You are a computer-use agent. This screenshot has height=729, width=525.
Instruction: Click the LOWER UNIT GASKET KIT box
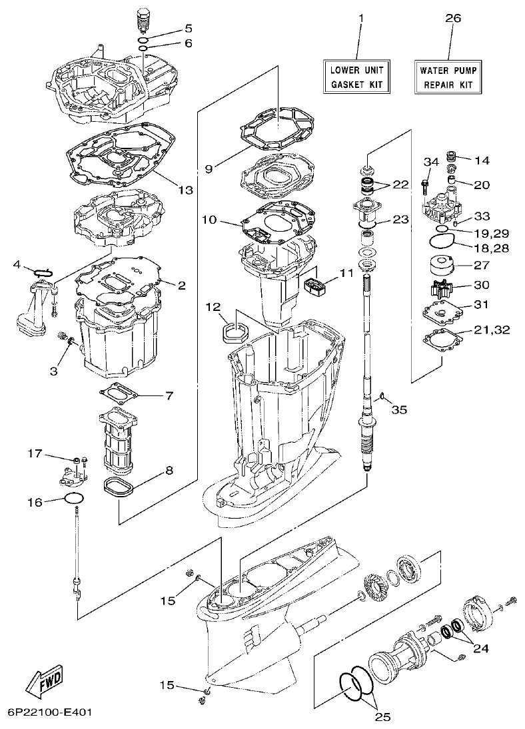[x=356, y=76]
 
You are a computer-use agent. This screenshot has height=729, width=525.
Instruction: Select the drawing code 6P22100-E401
[x=46, y=712]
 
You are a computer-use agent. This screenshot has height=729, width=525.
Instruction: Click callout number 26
[x=452, y=19]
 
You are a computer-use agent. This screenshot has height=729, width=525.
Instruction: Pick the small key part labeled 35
[x=380, y=397]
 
